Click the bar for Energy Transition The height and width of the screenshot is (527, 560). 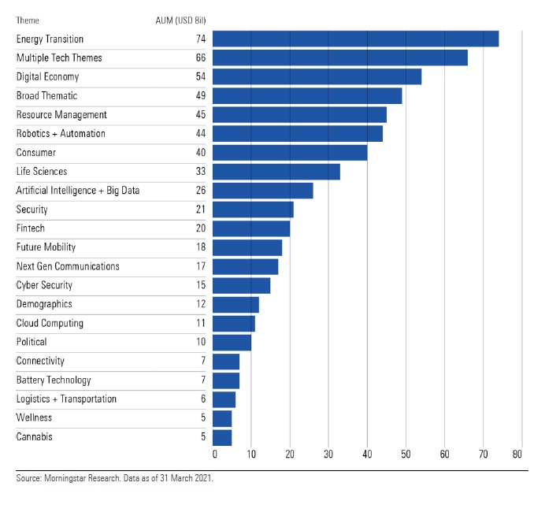coord(355,39)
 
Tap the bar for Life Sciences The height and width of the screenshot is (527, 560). coord(276,171)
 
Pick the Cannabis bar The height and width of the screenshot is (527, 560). coord(221,436)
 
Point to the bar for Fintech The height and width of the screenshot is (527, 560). coord(250,228)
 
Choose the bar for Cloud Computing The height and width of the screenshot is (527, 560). coord(233,323)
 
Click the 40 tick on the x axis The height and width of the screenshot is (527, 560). coord(367,455)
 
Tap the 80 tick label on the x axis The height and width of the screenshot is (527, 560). coord(517,455)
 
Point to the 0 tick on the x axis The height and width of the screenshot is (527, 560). coord(214,455)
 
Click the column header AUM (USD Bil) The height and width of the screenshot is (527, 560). coord(180,20)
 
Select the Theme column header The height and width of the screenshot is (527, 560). coord(28,20)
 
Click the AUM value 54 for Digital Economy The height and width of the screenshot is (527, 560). coord(201,76)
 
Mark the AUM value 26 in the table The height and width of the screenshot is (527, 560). coord(201,190)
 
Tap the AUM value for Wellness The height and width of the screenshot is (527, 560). coord(203,418)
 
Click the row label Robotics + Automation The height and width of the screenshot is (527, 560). coord(61,133)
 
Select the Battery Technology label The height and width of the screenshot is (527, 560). coord(54,380)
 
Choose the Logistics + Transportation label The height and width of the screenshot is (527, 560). coord(66,399)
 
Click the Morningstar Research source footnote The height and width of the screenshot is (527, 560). coord(114,478)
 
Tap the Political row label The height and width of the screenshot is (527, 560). coord(32,342)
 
